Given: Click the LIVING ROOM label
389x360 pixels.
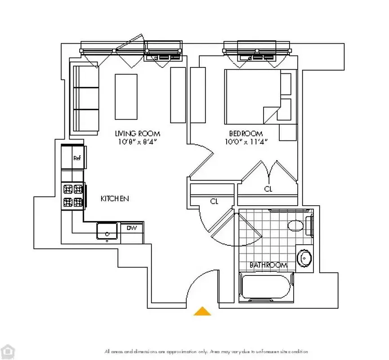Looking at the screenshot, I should pos(137,134).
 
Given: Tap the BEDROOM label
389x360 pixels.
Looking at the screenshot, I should pos(246,134).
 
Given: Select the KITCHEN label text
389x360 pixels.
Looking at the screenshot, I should pos(115,198).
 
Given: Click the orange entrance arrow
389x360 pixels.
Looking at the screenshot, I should pos(202,311).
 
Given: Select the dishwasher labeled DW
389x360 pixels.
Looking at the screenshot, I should pos(131,228).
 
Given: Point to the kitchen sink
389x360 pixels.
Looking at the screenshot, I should pos(107,232).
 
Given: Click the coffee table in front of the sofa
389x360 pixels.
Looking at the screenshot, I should pos(126,96).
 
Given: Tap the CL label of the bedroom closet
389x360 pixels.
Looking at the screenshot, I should pos(268,189).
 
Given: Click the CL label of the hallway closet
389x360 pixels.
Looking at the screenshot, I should pos(214,202).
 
